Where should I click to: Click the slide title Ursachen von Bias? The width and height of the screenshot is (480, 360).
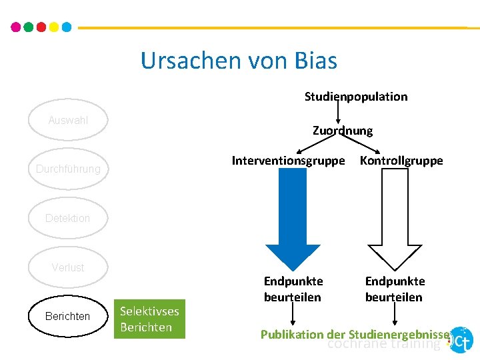[239, 61]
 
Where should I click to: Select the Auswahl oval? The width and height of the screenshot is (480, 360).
[68, 121]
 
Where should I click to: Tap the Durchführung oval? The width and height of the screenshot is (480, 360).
[68, 169]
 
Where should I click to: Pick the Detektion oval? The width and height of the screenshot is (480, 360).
[68, 218]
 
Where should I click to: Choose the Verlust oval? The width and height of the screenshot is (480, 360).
[68, 267]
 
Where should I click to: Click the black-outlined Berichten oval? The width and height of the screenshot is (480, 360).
[68, 316]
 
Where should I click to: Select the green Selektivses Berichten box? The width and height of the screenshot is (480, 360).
[149, 319]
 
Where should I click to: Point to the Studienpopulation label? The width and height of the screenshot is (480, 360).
[356, 97]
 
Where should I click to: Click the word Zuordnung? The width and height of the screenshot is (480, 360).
[343, 131]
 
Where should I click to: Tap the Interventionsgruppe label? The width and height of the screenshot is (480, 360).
[288, 161]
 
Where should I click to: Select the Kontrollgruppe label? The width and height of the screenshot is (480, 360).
[401, 161]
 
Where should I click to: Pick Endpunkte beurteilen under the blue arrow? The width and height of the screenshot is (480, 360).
[293, 289]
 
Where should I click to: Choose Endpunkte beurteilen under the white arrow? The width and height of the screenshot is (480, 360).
[395, 289]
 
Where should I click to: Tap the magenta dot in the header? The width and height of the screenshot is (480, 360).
[16, 27]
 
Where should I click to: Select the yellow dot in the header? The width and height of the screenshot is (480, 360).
[53, 27]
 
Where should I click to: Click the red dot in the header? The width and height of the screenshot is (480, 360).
[41, 27]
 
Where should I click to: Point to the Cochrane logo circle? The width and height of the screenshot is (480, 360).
[461, 340]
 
